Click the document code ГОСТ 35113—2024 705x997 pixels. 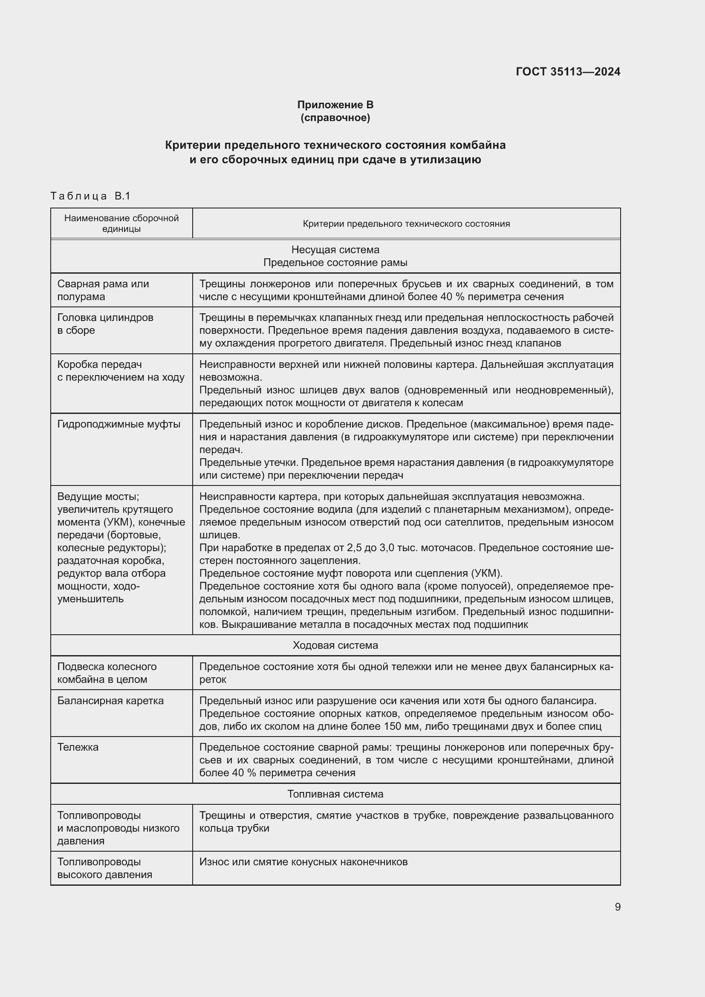(568, 72)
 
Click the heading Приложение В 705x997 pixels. (335, 105)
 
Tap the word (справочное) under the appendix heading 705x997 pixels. (335, 118)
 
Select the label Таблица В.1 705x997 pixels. (90, 196)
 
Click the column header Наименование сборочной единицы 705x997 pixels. (121, 223)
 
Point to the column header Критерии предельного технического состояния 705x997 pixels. (406, 224)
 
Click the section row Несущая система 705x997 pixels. (335, 250)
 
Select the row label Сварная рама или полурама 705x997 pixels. (103, 290)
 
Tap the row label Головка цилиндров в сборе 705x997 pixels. (105, 324)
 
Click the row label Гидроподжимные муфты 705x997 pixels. (118, 424)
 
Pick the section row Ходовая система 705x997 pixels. (335, 645)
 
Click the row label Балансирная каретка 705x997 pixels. (110, 700)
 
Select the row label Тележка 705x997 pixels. (78, 747)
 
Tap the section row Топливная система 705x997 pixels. (335, 794)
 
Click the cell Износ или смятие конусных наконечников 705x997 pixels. (303, 861)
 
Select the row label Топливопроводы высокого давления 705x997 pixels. (104, 868)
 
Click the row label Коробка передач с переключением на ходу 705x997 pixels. (121, 370)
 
